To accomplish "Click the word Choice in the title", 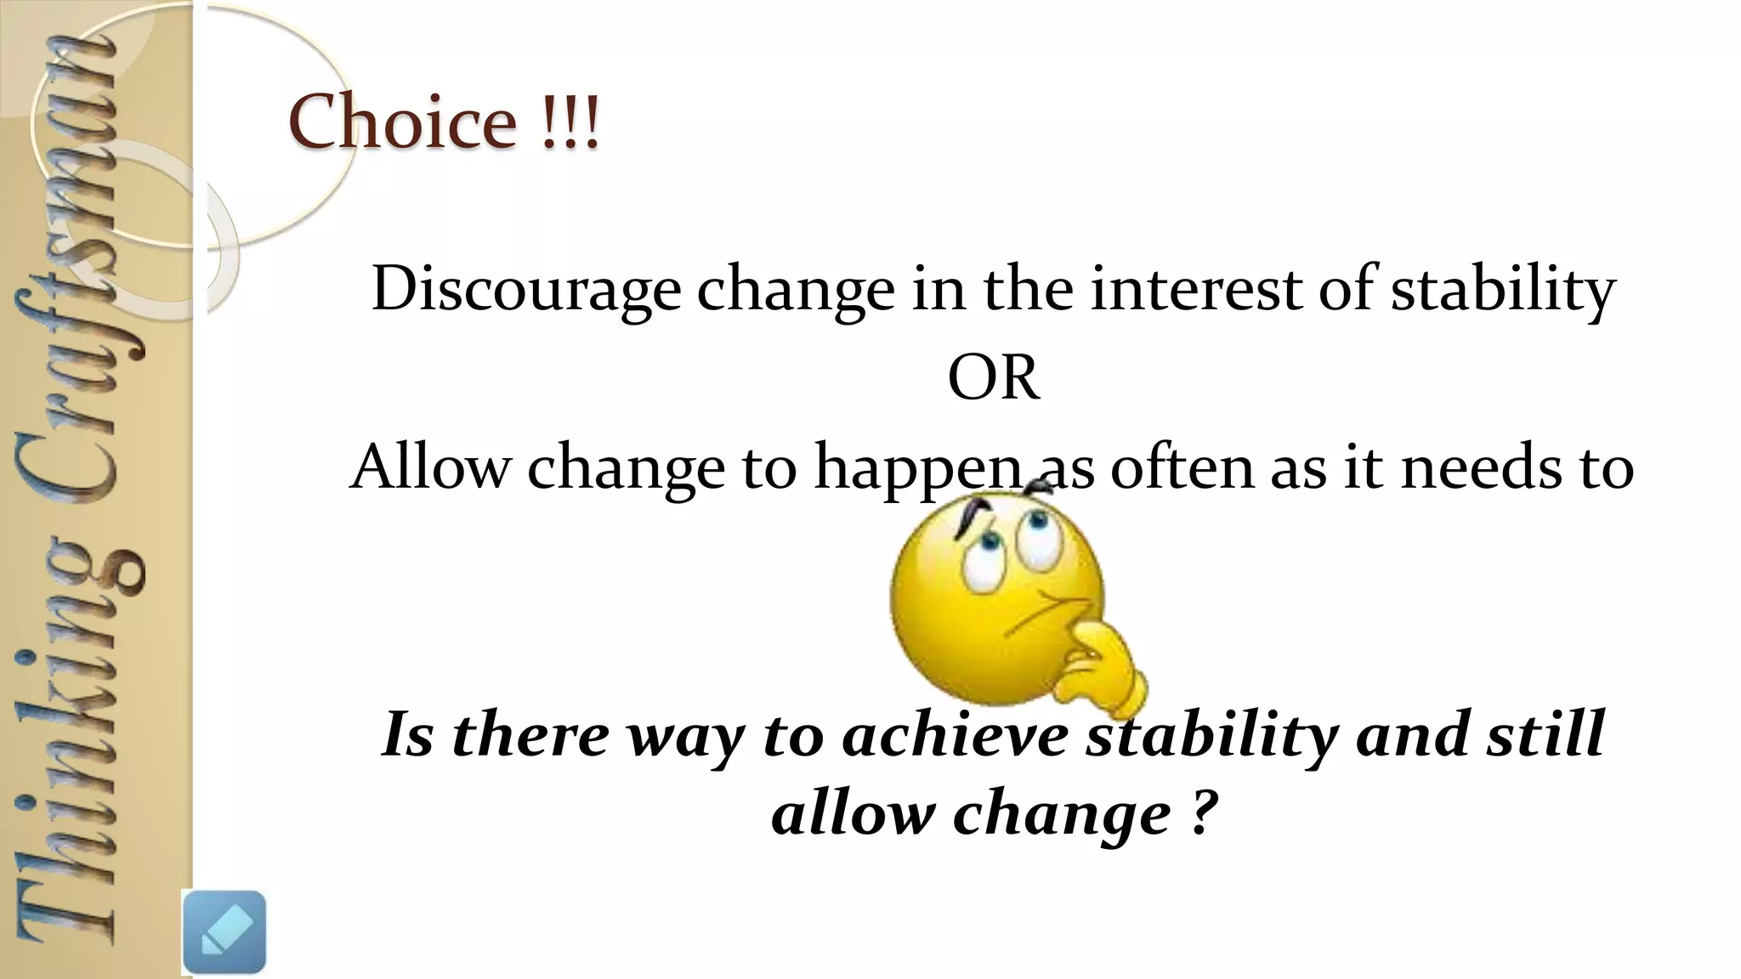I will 401,122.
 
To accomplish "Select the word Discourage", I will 525,291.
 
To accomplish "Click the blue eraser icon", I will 224,931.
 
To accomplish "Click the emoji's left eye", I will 984,557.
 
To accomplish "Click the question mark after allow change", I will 1198,813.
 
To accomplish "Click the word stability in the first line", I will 1502,291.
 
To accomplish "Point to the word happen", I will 917,468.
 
